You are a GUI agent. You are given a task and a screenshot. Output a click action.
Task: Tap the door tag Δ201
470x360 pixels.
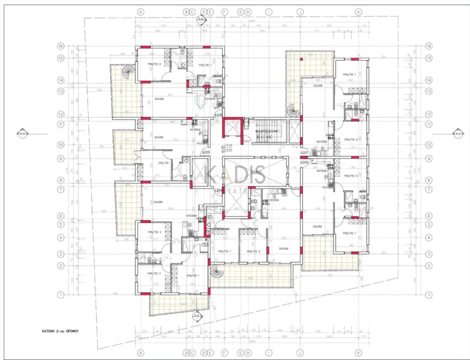click(304, 153)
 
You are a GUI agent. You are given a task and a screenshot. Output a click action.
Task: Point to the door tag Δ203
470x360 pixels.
click(296, 189)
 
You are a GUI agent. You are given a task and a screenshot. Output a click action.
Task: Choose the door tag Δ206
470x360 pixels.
click(217, 115)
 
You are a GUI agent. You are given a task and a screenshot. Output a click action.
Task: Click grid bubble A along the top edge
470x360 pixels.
click(140, 12)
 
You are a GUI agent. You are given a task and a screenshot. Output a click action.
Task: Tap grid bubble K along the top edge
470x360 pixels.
click(359, 12)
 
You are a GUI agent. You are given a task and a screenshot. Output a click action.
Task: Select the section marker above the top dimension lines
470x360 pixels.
click(200, 20)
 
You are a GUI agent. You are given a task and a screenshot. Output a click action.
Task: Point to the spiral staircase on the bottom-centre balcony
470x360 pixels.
click(217, 274)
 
